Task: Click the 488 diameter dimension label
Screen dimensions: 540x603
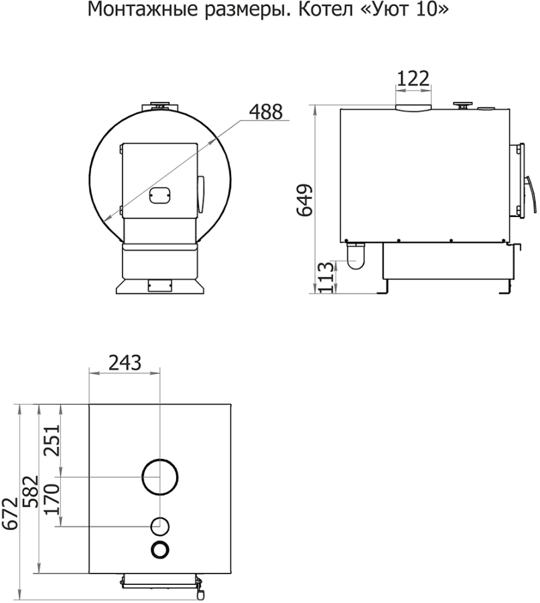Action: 266,112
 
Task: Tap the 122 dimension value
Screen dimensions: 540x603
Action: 413,78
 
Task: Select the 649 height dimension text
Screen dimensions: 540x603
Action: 305,200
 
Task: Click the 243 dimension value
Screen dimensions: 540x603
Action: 125,362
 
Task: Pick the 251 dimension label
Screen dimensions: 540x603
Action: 52,440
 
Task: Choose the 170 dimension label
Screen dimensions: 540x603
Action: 52,499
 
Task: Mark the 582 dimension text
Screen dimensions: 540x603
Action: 31,492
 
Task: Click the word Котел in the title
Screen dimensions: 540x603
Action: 326,9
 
